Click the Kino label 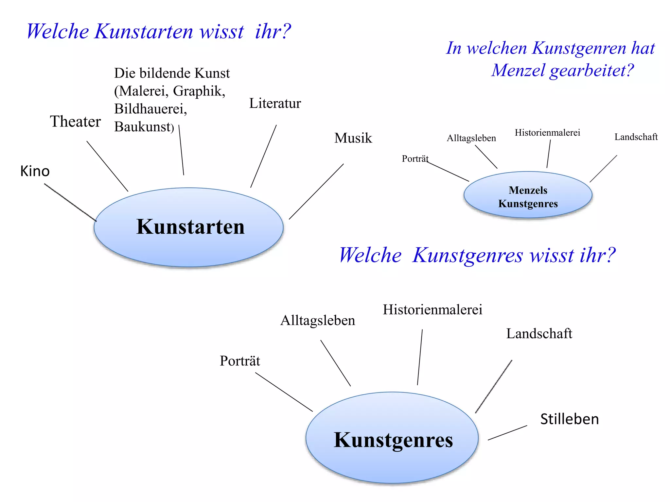click(x=35, y=171)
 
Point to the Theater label click(x=75, y=122)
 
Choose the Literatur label click(x=275, y=103)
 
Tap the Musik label click(x=353, y=138)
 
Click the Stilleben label click(x=569, y=419)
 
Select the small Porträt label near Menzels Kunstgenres click(x=415, y=159)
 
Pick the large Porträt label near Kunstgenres click(x=240, y=361)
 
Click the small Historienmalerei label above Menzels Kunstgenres click(x=547, y=132)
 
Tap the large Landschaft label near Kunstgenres click(x=539, y=334)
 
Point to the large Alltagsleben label click(x=318, y=320)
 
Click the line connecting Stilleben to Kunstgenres click(x=507, y=433)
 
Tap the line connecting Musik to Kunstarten click(x=316, y=192)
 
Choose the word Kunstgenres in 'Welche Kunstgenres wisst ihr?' click(x=467, y=256)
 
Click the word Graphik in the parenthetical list click(x=199, y=91)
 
